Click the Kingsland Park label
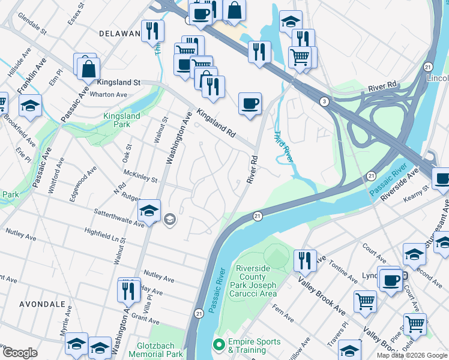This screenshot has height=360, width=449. point(122,120)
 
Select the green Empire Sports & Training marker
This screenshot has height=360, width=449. point(219,346)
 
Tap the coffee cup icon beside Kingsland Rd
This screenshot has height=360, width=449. point(250,104)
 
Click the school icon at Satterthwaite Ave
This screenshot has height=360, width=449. point(149,210)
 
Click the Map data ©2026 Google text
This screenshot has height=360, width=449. point(412,355)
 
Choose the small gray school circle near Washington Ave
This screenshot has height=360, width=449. point(169,220)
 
